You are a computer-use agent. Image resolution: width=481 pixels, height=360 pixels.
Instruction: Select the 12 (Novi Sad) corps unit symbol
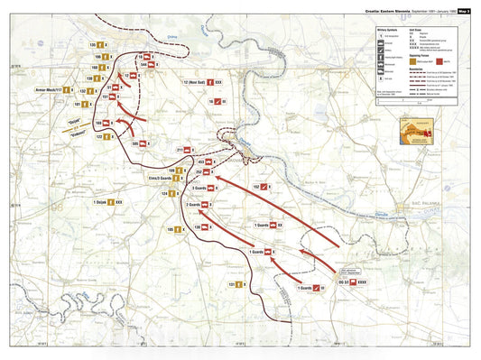[217, 82]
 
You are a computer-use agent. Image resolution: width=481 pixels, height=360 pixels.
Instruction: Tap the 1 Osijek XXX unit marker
[110, 202]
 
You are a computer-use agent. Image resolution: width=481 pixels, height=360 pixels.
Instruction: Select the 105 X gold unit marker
[181, 230]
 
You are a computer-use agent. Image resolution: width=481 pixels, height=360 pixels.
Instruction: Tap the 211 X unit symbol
[190, 150]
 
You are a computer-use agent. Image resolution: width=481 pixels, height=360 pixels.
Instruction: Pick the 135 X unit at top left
[103, 44]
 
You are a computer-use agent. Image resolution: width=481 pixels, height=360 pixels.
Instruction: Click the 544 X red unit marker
[157, 66]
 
